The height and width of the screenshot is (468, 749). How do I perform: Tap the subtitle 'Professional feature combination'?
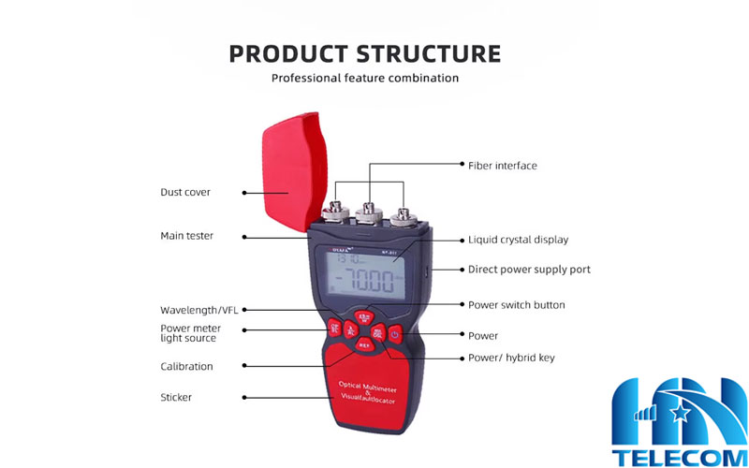(x=365, y=78)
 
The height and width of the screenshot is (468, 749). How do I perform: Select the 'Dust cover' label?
(x=185, y=192)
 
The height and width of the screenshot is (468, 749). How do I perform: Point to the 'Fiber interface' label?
(x=503, y=166)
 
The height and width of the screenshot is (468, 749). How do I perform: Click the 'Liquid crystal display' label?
(x=518, y=240)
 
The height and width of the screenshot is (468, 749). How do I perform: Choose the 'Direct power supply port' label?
(x=529, y=270)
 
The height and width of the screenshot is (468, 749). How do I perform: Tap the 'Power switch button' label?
(x=517, y=305)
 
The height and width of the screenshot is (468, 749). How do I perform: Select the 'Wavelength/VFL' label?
(x=199, y=310)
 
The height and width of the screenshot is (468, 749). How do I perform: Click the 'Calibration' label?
(x=186, y=367)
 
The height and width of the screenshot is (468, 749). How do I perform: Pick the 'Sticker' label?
(x=176, y=398)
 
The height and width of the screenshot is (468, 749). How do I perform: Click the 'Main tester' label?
(x=186, y=236)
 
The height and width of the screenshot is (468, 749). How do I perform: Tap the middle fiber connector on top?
(x=369, y=206)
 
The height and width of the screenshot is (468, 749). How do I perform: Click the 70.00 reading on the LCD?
(x=371, y=278)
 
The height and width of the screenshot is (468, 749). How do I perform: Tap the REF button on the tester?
(x=364, y=344)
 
